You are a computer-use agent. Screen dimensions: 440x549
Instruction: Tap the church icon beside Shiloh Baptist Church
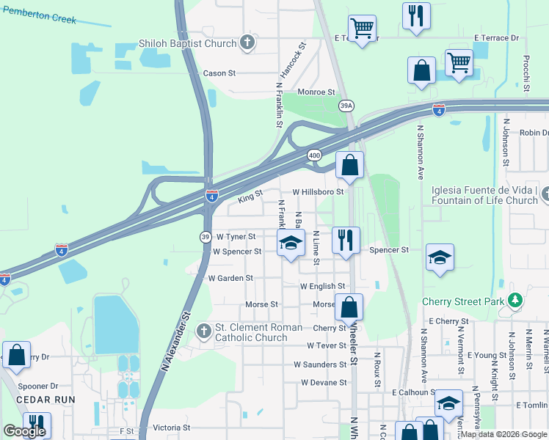point(248,43)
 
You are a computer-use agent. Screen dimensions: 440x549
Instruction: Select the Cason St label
point(219,73)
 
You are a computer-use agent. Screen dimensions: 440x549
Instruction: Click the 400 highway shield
point(314,155)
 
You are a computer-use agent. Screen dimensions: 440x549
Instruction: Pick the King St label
point(250,197)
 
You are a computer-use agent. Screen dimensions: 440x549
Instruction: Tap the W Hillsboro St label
point(318,191)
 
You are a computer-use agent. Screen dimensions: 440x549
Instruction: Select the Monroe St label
point(316,92)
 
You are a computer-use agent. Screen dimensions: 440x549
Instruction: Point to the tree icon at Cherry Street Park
point(516,301)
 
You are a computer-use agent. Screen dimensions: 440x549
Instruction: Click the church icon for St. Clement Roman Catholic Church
point(204,332)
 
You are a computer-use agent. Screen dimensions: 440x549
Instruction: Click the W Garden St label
point(230,279)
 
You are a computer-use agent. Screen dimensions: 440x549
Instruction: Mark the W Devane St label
point(323,383)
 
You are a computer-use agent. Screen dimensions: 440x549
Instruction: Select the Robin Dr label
point(534,133)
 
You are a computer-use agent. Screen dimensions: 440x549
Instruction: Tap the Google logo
point(24,431)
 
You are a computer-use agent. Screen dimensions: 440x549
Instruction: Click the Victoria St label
point(172,428)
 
